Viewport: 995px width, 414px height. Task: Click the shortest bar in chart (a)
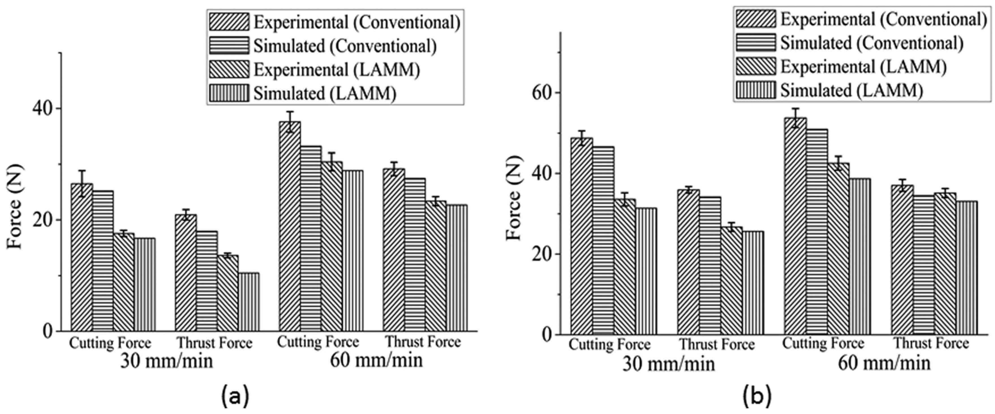pos(249,302)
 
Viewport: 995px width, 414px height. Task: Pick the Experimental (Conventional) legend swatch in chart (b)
pos(756,19)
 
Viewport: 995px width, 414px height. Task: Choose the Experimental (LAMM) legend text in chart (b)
pos(864,66)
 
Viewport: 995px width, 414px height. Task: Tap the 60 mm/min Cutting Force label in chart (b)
pos(823,343)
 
